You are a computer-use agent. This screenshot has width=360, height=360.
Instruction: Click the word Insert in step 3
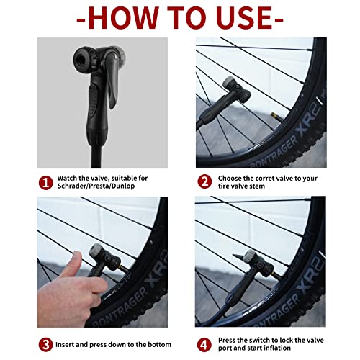click(x=73, y=343)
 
